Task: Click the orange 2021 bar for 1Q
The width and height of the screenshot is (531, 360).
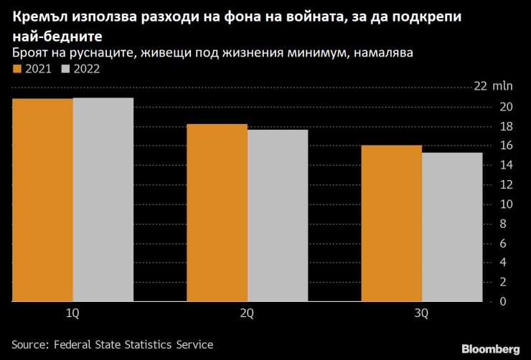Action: coord(42,200)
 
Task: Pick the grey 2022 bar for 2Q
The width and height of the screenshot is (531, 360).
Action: coord(278,215)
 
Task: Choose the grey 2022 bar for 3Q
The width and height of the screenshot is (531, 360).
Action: coord(452,227)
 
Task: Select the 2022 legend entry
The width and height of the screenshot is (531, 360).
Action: coord(81,69)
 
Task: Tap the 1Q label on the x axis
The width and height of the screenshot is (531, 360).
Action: coord(72,314)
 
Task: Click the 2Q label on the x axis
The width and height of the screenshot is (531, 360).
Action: coord(248,314)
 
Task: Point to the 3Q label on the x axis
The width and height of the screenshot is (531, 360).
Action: coord(422,314)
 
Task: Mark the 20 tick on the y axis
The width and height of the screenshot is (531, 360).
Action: coord(506,107)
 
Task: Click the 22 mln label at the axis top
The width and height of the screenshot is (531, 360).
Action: coord(494,87)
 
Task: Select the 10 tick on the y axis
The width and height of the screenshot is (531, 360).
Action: coord(506,204)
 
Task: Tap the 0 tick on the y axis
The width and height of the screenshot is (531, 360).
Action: coord(503,301)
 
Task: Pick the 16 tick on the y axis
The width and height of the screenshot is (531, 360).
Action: coord(506,146)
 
